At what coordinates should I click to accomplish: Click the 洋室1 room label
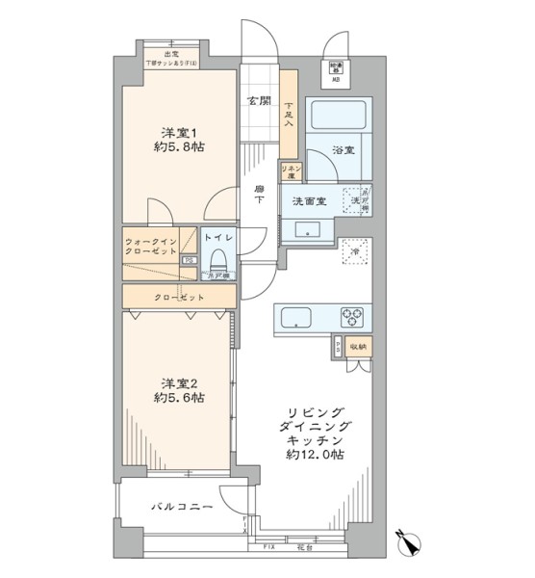click(177, 132)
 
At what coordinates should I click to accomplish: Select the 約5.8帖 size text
click(180, 147)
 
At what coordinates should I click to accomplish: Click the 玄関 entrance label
click(257, 101)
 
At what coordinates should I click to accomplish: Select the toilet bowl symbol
click(218, 260)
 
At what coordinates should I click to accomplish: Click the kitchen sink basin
click(295, 316)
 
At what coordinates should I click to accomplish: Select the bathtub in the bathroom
click(338, 118)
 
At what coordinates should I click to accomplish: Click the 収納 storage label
click(357, 345)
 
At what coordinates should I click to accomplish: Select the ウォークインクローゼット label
click(151, 246)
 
